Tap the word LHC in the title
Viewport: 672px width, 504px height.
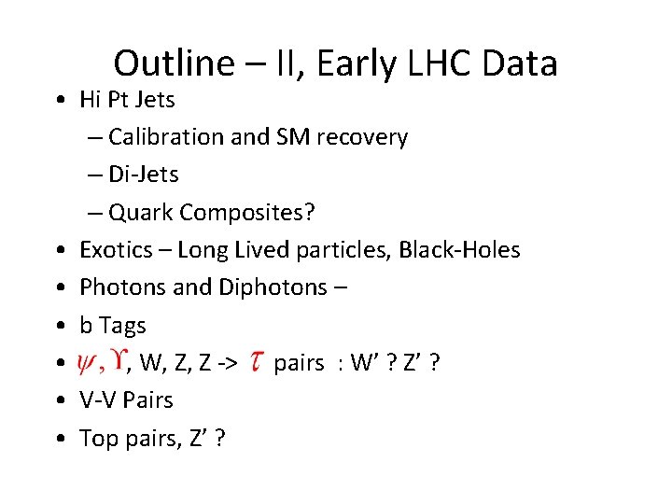[433, 63]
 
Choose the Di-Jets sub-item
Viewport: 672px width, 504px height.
[143, 175]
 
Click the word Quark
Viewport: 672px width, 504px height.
[141, 212]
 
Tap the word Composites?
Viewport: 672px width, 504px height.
[248, 212]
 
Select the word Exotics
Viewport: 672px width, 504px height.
[114, 250]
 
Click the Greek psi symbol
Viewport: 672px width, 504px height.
[91, 362]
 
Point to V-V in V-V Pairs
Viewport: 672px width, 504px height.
[98, 400]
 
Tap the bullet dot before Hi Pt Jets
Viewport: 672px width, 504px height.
[59, 100]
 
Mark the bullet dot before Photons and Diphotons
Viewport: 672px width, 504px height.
[59, 287]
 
